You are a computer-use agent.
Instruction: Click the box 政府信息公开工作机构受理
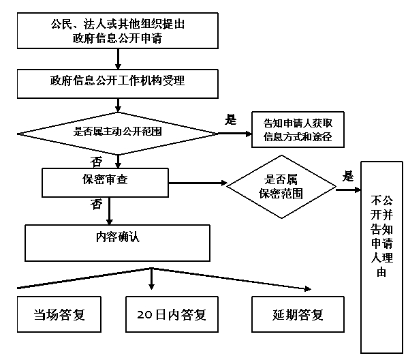[x=118, y=84]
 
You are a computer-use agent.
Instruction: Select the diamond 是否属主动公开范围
[x=118, y=134]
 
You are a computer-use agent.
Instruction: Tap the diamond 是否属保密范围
[x=281, y=187]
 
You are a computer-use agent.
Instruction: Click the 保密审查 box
[x=105, y=182]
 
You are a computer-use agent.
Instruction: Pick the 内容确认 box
[x=117, y=243]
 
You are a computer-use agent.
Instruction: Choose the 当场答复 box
[x=59, y=314]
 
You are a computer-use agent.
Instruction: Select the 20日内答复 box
[x=172, y=314]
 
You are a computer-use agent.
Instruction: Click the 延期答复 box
[x=298, y=314]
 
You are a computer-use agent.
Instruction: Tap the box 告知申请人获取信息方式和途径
[x=298, y=130]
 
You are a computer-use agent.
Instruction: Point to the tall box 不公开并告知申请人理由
[x=381, y=257]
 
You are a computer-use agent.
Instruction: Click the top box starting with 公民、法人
[x=118, y=31]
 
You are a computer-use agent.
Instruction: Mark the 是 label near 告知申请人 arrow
[x=231, y=120]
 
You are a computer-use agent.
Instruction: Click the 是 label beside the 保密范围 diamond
[x=348, y=176]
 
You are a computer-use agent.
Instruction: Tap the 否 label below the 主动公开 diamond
[x=96, y=162]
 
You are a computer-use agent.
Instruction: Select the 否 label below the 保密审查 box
[x=96, y=205]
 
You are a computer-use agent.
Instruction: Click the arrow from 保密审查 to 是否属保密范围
[x=198, y=183]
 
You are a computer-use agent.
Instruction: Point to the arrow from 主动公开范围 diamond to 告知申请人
[x=235, y=134]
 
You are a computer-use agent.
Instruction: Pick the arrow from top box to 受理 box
[x=118, y=59]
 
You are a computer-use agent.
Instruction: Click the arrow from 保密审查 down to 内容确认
[x=110, y=211]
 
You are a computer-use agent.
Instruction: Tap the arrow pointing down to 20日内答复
[x=152, y=279]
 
